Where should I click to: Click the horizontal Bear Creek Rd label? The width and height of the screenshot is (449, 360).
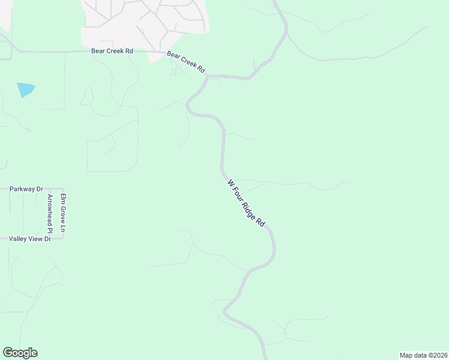(112, 52)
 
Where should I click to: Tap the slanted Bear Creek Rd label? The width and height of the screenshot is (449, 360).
(186, 62)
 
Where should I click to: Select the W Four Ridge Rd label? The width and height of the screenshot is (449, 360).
(246, 202)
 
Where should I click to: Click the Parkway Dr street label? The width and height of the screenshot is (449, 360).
(26, 189)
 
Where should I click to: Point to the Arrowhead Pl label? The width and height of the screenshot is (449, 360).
(50, 214)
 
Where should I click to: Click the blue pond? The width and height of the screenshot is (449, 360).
(26, 90)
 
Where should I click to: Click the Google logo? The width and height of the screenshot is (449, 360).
(20, 353)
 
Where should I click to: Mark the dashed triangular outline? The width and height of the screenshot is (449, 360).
(88, 98)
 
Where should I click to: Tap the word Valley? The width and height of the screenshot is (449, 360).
(18, 239)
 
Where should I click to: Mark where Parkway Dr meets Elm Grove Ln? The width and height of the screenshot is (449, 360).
(62, 188)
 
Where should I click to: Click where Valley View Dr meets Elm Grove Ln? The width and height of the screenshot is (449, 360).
(62, 239)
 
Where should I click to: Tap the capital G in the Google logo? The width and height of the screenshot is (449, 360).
(8, 352)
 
